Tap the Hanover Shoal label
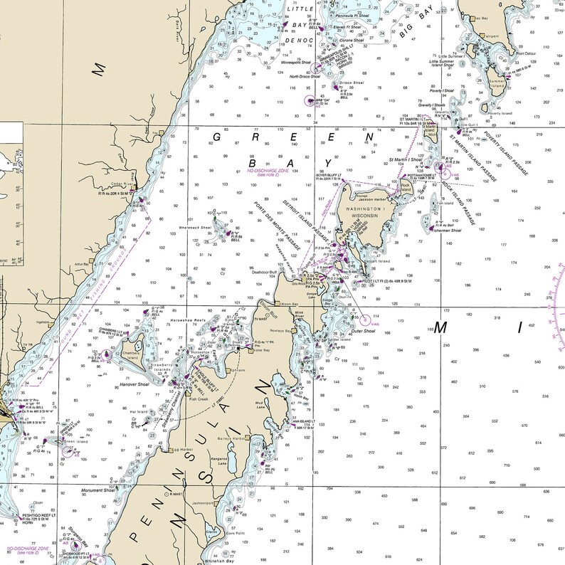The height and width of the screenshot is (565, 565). click(134, 384)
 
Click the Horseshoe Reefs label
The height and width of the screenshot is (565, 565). click(188, 321)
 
